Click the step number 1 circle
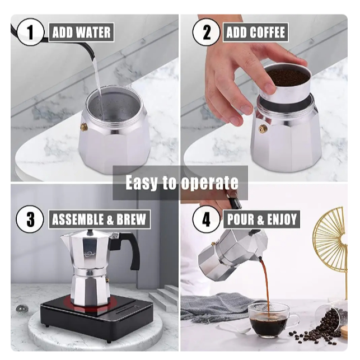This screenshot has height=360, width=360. [x=30, y=32]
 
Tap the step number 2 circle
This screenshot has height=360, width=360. [x=206, y=32]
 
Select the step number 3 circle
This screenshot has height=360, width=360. [x=30, y=219]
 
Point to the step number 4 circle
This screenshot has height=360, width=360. [x=206, y=219]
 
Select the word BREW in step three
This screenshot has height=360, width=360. [x=131, y=219]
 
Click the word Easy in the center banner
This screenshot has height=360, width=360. [x=142, y=183]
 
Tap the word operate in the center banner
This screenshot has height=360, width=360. [x=209, y=183]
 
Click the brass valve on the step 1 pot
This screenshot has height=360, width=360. [x=84, y=127]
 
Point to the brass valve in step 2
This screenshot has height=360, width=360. [x=263, y=129]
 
